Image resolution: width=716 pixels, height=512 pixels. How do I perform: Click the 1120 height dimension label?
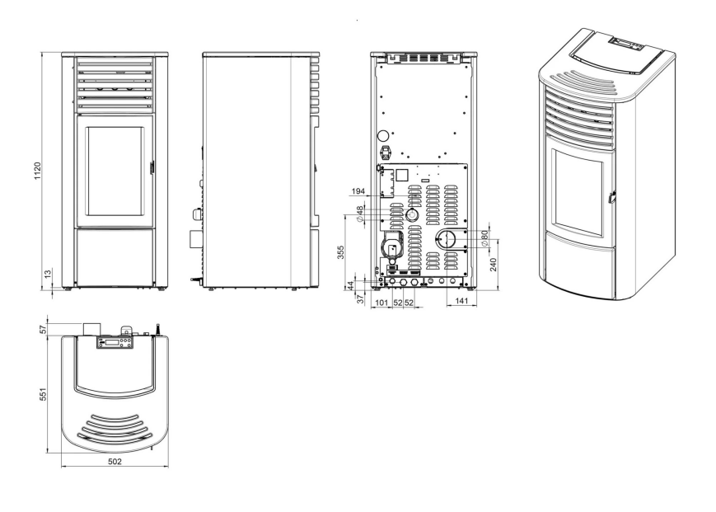[37, 171]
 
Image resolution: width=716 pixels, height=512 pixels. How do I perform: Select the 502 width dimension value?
[115, 462]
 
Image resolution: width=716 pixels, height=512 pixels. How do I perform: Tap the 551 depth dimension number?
[44, 395]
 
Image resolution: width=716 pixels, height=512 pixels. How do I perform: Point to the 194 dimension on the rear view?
[358, 191]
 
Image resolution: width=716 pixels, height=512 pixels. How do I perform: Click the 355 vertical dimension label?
[340, 252]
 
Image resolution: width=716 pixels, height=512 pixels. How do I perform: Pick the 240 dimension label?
[494, 265]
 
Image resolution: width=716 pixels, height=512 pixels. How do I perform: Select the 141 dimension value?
[461, 301]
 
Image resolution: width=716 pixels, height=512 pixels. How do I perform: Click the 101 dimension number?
[381, 303]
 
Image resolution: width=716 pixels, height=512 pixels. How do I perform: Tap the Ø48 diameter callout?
[360, 214]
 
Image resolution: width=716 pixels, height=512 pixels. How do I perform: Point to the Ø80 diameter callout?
[484, 238]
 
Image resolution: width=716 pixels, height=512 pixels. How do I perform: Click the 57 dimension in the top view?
[44, 329]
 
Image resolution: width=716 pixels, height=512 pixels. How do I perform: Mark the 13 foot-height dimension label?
[48, 274]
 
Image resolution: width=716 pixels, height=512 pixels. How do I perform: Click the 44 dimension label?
[351, 285]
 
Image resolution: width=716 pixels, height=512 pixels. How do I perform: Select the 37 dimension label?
[360, 298]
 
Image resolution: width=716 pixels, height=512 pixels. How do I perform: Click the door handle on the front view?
[152, 167]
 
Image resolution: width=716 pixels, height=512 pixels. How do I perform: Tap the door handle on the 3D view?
[612, 196]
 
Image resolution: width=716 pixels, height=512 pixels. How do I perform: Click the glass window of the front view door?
[115, 171]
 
